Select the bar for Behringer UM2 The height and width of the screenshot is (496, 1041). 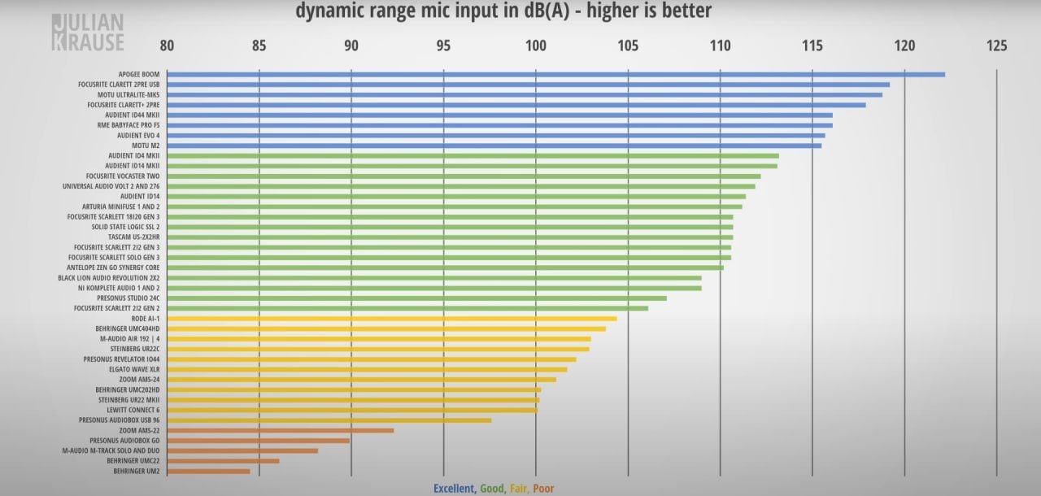point(208,471)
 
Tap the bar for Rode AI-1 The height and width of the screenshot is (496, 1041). point(391,318)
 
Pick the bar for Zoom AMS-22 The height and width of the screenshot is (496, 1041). point(280,430)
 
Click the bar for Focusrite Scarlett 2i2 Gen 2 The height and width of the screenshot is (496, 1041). point(407,308)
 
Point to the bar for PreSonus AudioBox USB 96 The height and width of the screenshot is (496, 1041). point(329,420)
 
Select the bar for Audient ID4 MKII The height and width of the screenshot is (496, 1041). point(473,155)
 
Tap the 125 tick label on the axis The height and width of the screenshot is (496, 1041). point(996,46)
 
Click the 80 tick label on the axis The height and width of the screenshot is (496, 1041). point(167,46)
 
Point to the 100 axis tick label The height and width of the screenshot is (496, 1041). point(535,46)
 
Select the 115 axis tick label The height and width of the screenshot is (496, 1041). point(812,46)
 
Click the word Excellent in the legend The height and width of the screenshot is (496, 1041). point(454,489)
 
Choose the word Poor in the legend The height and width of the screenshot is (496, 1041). point(543,489)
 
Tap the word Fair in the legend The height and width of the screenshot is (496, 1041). point(518,489)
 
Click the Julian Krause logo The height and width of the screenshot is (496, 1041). point(88,33)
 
